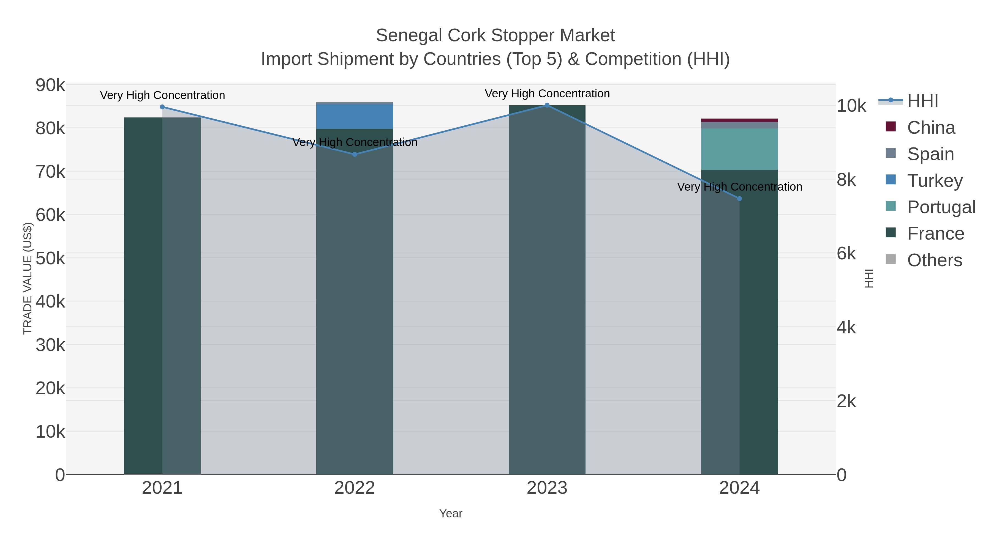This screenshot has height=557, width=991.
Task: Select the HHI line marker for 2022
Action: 355,154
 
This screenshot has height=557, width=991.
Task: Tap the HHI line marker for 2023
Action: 547,105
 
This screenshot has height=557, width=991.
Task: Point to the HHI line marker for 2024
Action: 739,198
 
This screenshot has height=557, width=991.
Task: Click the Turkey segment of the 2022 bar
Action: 355,116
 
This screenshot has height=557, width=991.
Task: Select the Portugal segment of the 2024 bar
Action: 739,149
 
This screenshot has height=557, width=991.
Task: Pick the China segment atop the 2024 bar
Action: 739,120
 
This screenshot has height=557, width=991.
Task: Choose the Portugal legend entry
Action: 941,207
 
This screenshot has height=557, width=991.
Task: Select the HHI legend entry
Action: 922,101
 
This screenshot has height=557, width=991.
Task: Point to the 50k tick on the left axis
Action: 50,258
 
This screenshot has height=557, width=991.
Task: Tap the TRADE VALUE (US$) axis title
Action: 28,278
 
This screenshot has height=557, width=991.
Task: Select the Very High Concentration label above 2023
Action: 547,94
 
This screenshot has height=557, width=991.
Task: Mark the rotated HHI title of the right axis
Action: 869,278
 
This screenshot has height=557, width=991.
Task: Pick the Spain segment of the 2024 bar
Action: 739,125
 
